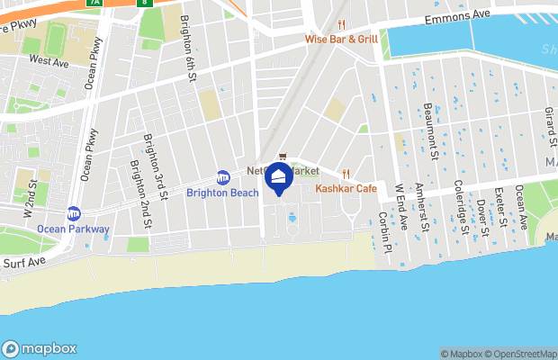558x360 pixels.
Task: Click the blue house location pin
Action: (279, 177)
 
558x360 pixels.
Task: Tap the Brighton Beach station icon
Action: (223, 177)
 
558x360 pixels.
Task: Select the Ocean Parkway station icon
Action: (74, 214)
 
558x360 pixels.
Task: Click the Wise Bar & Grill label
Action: (341, 39)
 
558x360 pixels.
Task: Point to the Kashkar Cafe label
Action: (346, 188)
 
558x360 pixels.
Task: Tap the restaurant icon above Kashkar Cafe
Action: (345, 174)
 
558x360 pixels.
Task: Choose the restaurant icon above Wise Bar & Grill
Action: (341, 25)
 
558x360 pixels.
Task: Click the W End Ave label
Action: (400, 206)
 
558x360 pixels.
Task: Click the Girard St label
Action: (547, 124)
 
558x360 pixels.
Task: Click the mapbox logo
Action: (40, 348)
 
